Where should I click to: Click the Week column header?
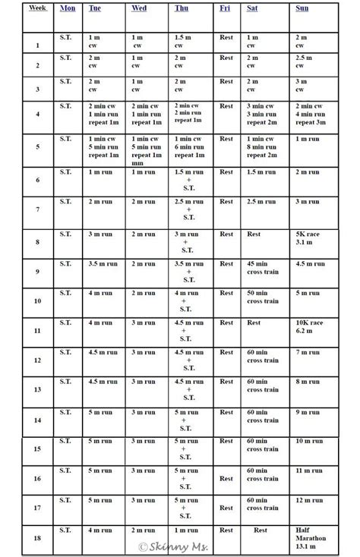click(x=36, y=8)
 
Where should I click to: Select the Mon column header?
click(x=67, y=8)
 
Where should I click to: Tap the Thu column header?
click(x=182, y=8)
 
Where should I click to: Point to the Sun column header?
click(x=302, y=8)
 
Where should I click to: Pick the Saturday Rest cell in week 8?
click(x=253, y=234)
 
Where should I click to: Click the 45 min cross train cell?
click(x=261, y=268)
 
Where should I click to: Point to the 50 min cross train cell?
click(x=261, y=297)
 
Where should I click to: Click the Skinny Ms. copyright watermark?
click(x=175, y=546)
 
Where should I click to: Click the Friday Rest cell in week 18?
click(x=226, y=530)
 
